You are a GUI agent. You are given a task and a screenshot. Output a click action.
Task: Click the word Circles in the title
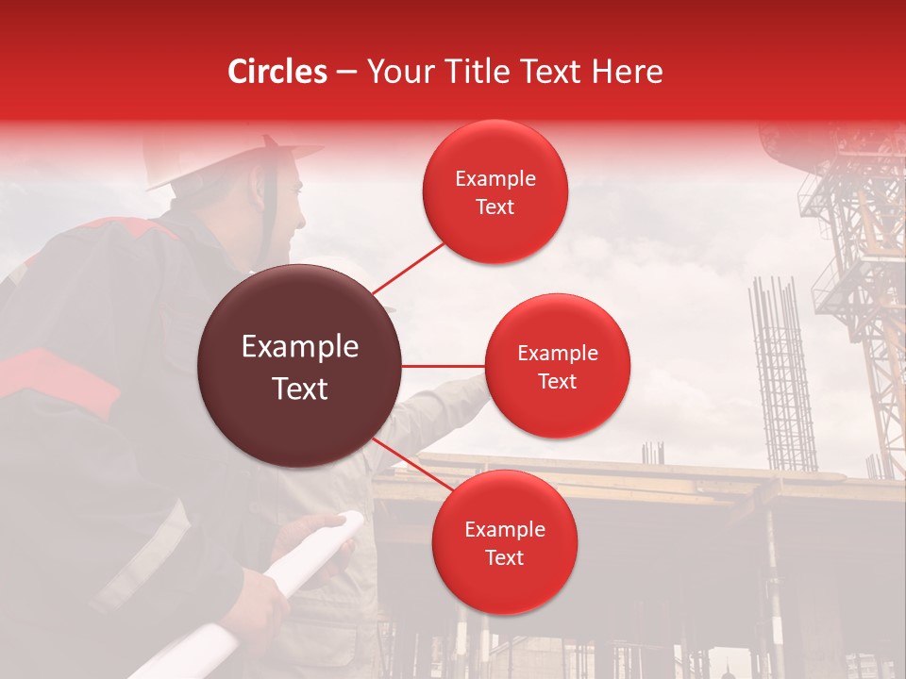point(277,72)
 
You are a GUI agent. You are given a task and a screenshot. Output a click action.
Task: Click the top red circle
point(495,192)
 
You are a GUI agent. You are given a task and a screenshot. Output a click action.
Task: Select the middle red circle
point(557,366)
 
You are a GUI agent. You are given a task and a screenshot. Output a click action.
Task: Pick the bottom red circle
point(504,542)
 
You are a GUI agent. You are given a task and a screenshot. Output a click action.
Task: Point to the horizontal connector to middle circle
point(444,366)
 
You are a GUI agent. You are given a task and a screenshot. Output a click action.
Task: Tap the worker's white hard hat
point(231,156)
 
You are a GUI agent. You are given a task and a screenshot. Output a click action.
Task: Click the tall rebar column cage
point(782,377)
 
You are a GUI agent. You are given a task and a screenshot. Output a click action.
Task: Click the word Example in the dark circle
point(300,347)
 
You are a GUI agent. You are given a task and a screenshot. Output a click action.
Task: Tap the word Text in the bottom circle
point(504,557)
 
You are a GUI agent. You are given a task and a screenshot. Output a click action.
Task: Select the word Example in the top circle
point(495,178)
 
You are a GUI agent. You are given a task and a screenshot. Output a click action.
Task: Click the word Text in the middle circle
point(557,381)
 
